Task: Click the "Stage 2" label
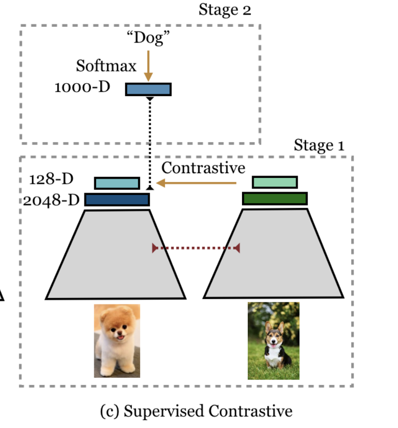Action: tap(224, 10)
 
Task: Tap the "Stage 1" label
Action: tap(319, 145)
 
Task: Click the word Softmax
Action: tap(106, 66)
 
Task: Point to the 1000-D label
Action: tap(82, 88)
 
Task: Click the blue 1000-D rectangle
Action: tap(148, 89)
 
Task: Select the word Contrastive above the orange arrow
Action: tap(203, 168)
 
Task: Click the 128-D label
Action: tap(51, 179)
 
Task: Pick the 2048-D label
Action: tap(52, 199)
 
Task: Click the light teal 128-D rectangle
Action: tap(117, 183)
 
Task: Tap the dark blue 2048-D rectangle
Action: tap(117, 199)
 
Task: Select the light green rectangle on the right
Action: tap(275, 182)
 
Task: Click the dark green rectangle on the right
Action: tap(275, 198)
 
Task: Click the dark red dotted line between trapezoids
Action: tap(196, 248)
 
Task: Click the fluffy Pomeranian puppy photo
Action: tap(117, 340)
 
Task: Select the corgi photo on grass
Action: tap(273, 340)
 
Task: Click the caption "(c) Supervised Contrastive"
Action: tap(196, 411)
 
